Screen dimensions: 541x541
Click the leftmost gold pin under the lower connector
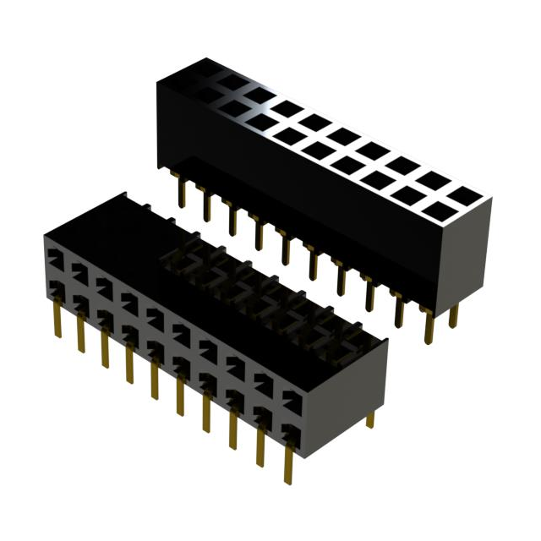pyautogui.click(x=57, y=320)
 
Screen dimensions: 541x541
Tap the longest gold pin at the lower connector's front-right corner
pyautogui.click(x=289, y=461)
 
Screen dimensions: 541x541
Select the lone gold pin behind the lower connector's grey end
pyautogui.click(x=369, y=418)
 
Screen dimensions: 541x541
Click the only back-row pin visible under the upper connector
pyautogui.click(x=454, y=314)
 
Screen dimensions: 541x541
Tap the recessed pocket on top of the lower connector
pyautogui.click(x=245, y=279)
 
